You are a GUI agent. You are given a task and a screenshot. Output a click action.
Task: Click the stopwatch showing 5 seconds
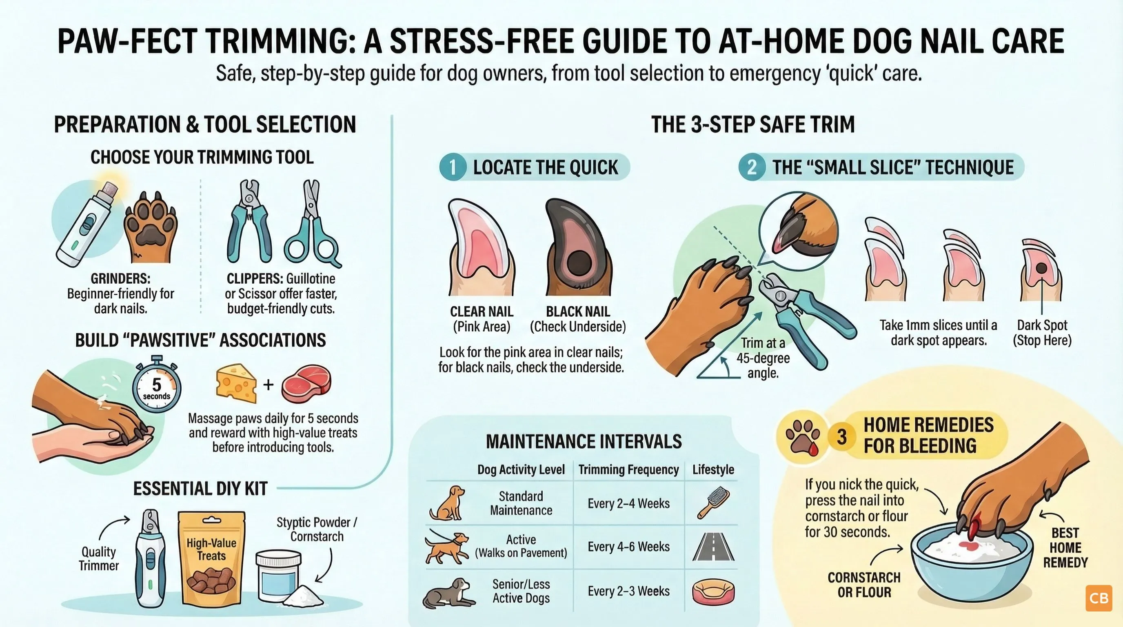(x=157, y=384)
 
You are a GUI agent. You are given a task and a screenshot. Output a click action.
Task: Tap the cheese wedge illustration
(x=236, y=383)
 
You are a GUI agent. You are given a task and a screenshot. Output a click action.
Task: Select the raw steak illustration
(x=306, y=384)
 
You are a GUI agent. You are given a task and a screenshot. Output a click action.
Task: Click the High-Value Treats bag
(x=211, y=558)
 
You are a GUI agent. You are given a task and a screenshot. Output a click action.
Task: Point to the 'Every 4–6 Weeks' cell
(x=629, y=547)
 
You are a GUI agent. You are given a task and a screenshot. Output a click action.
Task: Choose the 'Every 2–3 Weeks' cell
(x=629, y=591)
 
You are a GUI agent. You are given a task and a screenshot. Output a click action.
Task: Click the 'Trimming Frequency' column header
(x=629, y=469)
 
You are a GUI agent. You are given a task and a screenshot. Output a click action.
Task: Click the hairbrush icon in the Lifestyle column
(x=713, y=503)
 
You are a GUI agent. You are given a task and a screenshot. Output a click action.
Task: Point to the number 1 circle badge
(x=453, y=167)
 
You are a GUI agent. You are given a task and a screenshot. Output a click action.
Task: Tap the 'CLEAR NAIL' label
(x=482, y=312)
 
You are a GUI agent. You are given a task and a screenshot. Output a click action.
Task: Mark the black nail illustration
(x=579, y=247)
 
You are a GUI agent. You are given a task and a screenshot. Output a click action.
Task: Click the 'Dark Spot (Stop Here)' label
(x=1042, y=333)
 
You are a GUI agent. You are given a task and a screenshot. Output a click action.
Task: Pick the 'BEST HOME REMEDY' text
(x=1065, y=548)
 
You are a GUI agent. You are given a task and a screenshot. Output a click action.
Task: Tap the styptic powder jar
(x=278, y=576)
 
